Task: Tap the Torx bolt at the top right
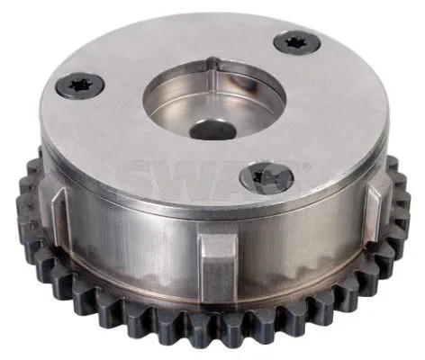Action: [x=297, y=41]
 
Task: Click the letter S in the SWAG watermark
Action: [x=147, y=174]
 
